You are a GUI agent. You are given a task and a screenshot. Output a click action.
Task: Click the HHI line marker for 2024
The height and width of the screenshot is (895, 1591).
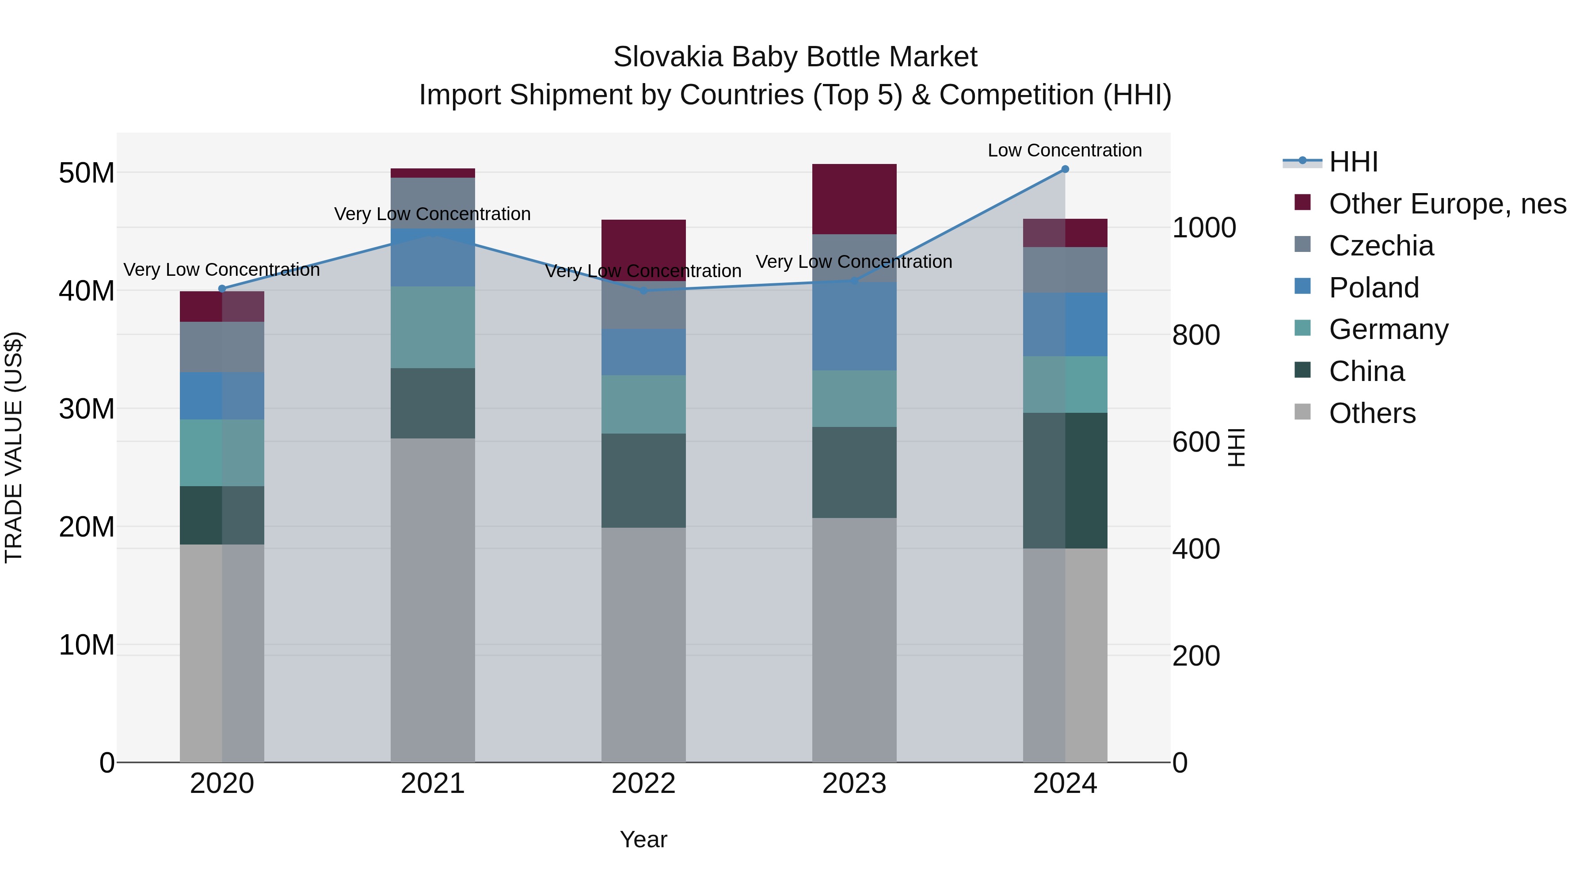[x=1065, y=169]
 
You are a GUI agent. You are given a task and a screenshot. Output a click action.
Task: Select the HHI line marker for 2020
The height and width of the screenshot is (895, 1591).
[x=222, y=289]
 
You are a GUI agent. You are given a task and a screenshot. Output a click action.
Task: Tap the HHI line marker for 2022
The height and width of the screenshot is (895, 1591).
[x=643, y=290]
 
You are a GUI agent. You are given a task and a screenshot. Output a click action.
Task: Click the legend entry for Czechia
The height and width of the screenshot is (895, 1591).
[x=1381, y=246]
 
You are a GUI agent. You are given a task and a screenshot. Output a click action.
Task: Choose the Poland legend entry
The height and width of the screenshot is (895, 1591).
[x=1374, y=288]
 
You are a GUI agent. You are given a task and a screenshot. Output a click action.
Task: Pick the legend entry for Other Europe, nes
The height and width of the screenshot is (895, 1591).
[x=1447, y=204]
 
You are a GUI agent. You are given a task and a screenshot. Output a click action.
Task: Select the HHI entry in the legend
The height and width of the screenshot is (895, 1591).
[x=1353, y=162]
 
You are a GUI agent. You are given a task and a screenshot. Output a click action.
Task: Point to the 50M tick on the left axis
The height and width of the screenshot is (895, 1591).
[x=87, y=173]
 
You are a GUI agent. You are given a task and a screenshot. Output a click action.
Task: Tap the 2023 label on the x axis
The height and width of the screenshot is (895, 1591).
[x=854, y=784]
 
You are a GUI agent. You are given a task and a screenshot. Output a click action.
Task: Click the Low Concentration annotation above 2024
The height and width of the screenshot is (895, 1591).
[x=1065, y=150]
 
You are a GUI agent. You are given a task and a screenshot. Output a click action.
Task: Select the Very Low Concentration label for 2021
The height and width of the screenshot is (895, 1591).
[x=432, y=214]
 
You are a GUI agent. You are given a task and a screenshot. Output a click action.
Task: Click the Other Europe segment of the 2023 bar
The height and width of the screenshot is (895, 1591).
[x=854, y=199]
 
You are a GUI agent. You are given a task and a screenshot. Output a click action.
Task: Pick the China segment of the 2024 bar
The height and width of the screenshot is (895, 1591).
[x=1065, y=480]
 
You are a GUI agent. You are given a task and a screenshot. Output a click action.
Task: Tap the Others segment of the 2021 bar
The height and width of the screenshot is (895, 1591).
[x=432, y=599]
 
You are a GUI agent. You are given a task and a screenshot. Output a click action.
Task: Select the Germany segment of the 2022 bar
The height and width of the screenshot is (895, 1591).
[x=643, y=404]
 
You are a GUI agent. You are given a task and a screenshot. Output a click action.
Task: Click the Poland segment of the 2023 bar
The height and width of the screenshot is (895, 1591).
[x=854, y=326]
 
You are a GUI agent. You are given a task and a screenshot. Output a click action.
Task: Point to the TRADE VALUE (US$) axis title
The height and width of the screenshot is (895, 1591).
[x=14, y=447]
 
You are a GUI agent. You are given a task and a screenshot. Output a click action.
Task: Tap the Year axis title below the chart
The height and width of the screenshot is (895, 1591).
[x=643, y=839]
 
